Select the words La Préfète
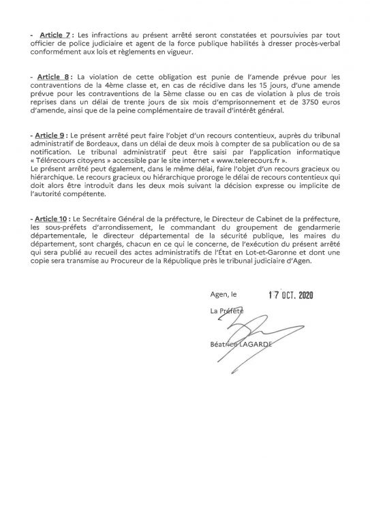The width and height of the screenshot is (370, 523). click(x=226, y=311)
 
